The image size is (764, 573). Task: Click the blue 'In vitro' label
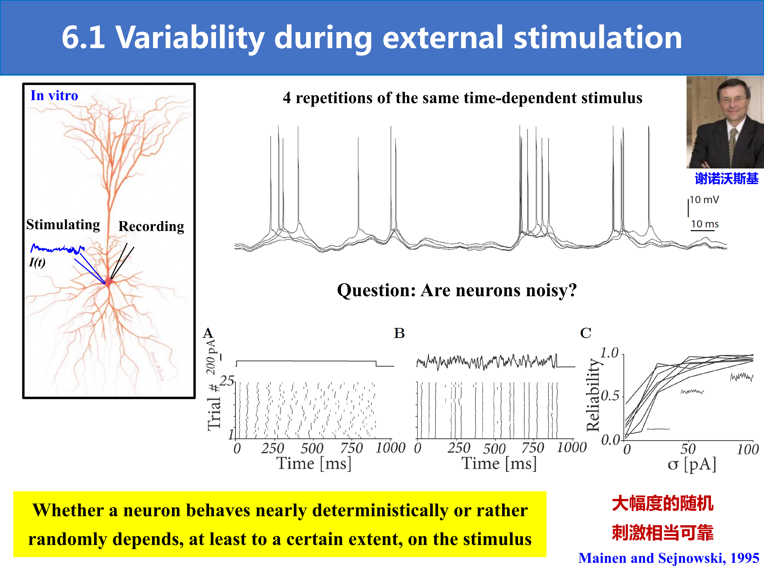click(54, 95)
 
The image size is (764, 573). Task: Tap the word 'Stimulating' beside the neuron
click(63, 224)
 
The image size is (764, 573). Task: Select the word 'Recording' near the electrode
click(151, 226)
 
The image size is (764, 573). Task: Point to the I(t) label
click(37, 262)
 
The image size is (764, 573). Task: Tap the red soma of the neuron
click(109, 282)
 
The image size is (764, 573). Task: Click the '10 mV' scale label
click(704, 200)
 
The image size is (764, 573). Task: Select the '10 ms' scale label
click(705, 224)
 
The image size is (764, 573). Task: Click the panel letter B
click(399, 333)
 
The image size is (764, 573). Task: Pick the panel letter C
click(586, 333)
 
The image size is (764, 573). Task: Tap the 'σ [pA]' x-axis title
click(692, 464)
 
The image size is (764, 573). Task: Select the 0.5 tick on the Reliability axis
click(610, 396)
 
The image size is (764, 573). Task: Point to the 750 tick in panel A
click(351, 448)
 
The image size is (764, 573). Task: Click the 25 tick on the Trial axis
click(227, 381)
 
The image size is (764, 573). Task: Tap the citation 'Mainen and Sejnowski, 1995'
click(669, 558)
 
